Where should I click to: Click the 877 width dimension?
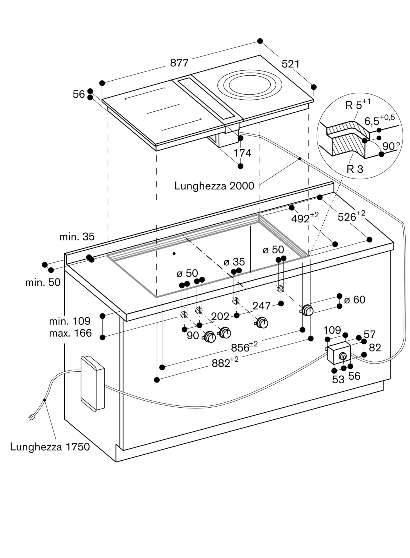[179, 63]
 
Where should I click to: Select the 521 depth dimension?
[290, 64]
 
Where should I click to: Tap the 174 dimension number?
[242, 153]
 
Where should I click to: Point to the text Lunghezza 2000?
[214, 186]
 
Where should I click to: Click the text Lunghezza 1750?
[50, 447]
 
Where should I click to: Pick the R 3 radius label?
[355, 169]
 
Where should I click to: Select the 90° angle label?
[391, 146]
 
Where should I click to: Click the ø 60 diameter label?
[355, 300]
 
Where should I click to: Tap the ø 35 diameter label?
[234, 262]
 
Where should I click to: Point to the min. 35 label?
[77, 237]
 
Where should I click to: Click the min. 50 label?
[43, 282]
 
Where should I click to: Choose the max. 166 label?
[70, 333]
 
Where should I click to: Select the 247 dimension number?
[261, 306]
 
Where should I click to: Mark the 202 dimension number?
[220, 316]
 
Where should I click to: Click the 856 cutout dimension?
[244, 347]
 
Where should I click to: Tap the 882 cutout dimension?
[225, 363]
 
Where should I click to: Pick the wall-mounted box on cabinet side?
[92, 383]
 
